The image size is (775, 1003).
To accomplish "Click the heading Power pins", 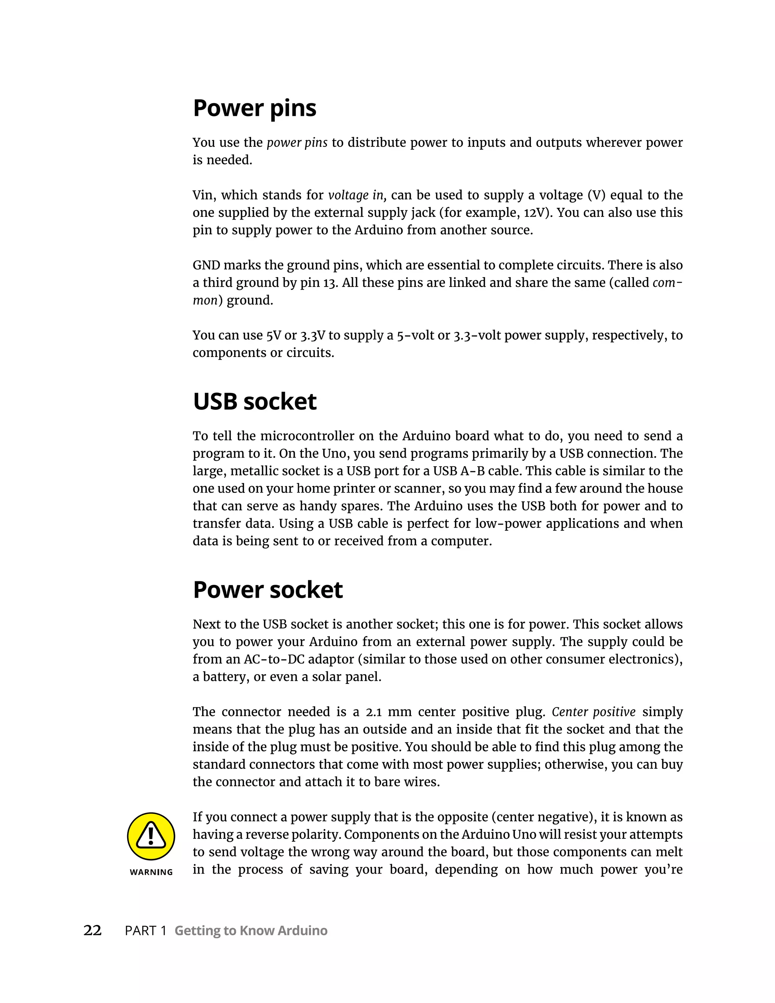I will (x=254, y=108).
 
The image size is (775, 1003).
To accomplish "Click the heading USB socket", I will (x=254, y=402).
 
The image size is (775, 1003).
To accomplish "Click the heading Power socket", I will (x=268, y=590).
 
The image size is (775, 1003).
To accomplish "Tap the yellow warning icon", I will (x=151, y=836).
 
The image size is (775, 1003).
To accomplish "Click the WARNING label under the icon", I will (x=151, y=872).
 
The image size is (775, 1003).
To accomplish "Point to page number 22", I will (x=92, y=930).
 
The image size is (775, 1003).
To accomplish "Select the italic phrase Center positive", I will (x=593, y=712).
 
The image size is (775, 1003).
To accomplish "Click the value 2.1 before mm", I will (x=374, y=712).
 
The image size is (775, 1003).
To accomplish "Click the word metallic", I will (x=254, y=471).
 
